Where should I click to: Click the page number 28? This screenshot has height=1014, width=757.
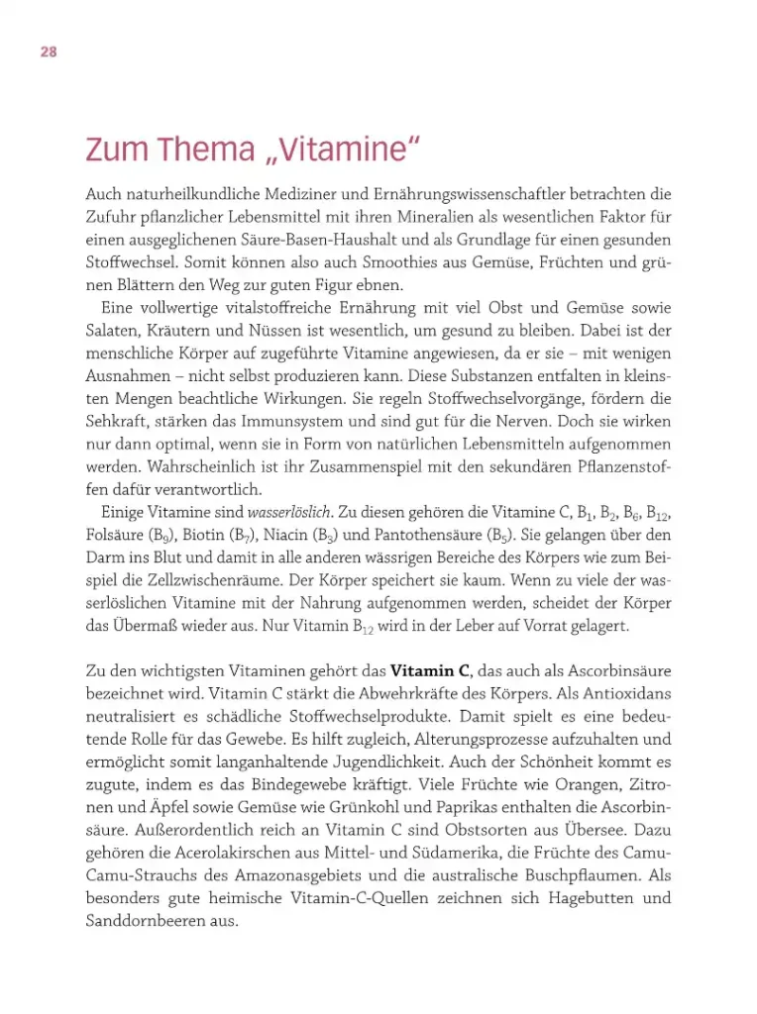point(48,51)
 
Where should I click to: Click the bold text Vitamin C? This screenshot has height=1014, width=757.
point(430,670)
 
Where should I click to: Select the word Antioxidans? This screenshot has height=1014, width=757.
point(629,694)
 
